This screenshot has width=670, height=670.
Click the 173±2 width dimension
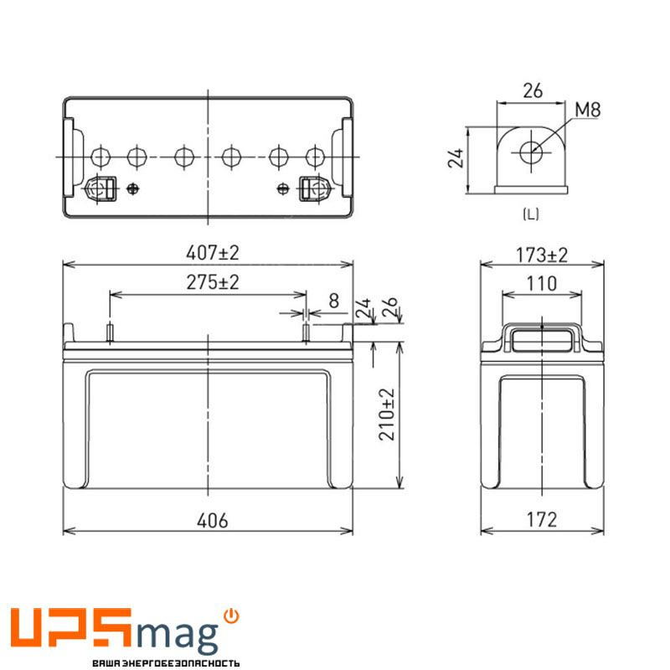tap(542, 254)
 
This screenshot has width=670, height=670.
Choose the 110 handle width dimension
tap(542, 284)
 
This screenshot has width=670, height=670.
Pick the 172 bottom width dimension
tap(542, 520)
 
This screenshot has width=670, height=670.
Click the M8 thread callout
tap(589, 110)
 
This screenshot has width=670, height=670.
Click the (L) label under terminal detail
tap(530, 214)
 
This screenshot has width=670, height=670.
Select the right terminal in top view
tap(312, 188)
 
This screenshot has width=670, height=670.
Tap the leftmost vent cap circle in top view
tap(100, 156)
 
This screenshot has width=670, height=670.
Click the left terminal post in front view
tap(109, 332)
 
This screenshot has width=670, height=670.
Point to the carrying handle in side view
tap(542, 338)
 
